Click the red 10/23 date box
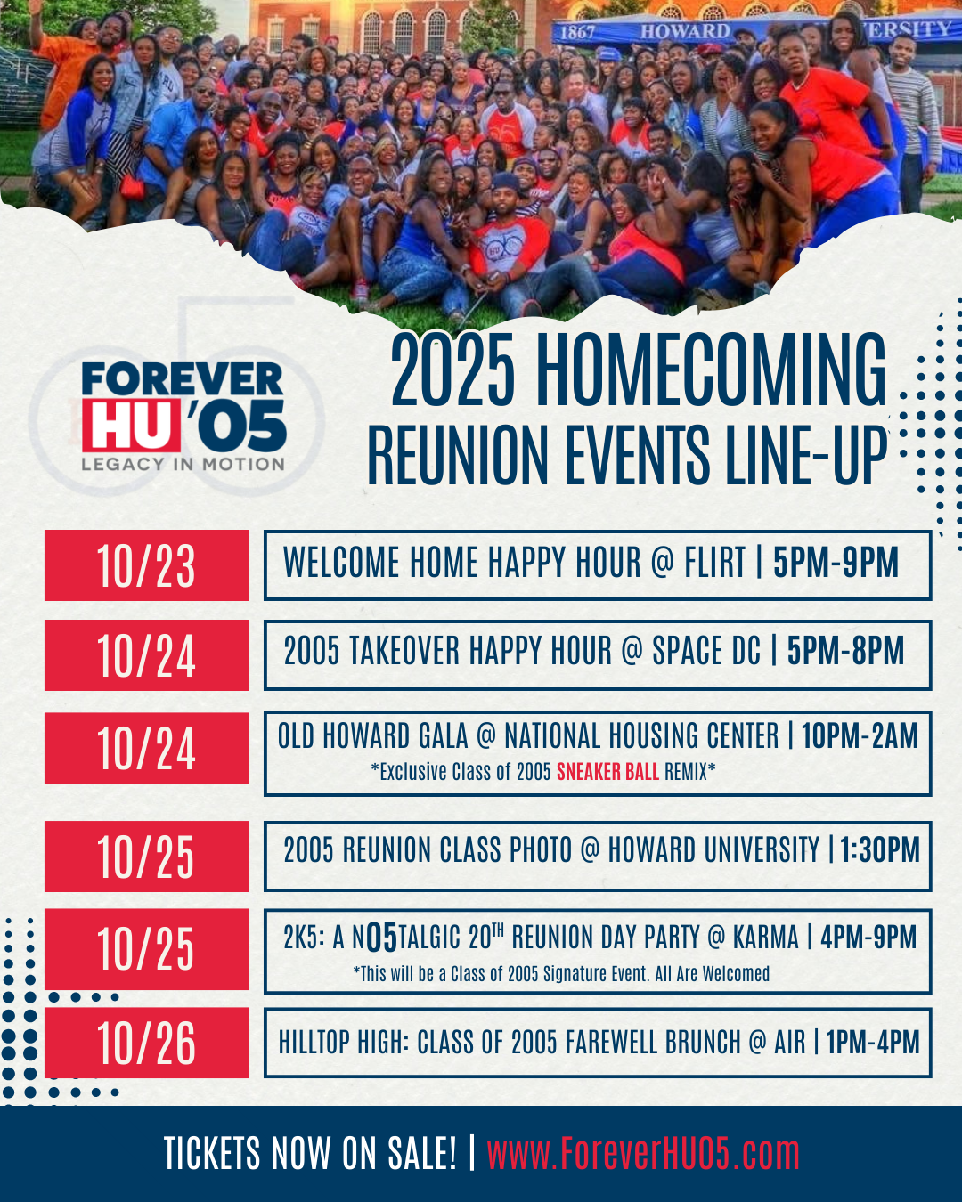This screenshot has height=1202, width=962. point(146,565)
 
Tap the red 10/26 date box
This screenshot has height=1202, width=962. point(146,1043)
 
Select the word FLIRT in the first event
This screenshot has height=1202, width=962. point(715,562)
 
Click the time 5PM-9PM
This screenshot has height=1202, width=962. point(836,562)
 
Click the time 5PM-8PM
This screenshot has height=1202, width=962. point(845,651)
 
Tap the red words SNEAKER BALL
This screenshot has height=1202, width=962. point(607,772)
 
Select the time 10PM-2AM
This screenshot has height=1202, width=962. point(860,735)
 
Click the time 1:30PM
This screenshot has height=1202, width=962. point(879,850)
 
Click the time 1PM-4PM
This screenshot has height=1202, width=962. point(873,1043)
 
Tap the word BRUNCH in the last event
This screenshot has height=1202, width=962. point(706,1043)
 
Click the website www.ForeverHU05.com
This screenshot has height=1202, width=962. point(643,1153)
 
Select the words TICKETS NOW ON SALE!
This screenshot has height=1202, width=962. point(310,1153)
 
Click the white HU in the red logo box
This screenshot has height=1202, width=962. point(131,425)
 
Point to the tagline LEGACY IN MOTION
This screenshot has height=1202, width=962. point(183,464)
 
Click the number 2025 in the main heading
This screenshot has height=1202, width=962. point(452,370)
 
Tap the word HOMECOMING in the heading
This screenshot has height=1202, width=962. point(711,370)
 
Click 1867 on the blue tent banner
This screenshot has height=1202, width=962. point(577,33)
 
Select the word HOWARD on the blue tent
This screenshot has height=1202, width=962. point(685,31)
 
